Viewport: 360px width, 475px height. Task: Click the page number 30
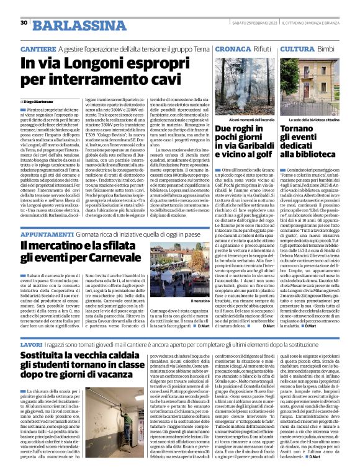coord(24,22)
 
